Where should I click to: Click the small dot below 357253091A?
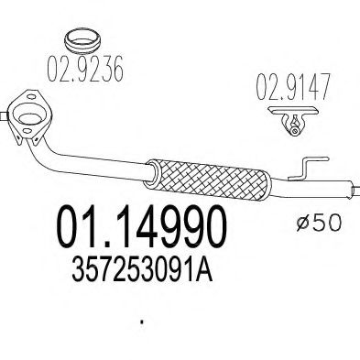pos(140,322)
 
